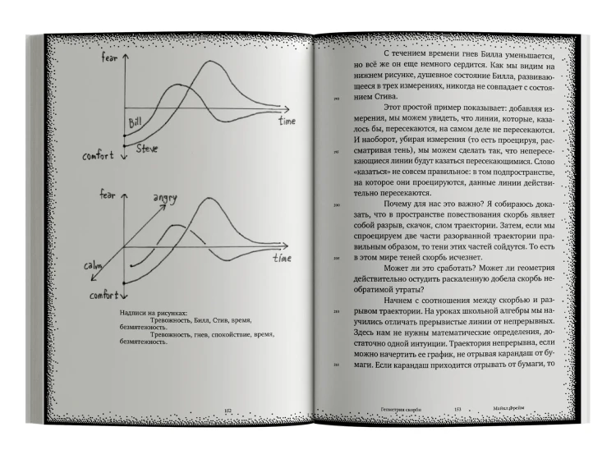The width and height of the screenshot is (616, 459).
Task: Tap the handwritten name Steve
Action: [x=147, y=149]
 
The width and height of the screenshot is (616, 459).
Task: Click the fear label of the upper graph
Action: [x=109, y=59]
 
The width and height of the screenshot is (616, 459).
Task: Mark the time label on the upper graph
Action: [x=286, y=122]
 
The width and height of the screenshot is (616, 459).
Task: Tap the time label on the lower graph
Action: [x=282, y=258]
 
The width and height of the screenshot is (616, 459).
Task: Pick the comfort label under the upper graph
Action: [x=98, y=156]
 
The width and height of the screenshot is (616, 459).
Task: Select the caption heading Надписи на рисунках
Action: [x=153, y=313]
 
